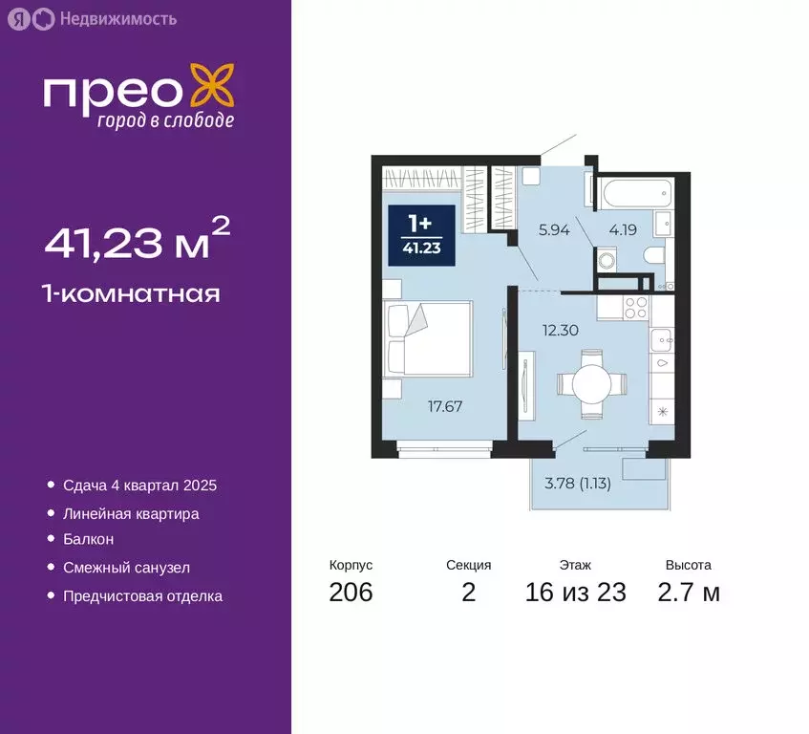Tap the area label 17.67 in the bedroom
(x=445, y=405)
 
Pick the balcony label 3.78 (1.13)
(x=577, y=482)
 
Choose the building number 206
(x=351, y=593)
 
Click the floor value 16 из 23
(x=575, y=593)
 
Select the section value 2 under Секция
(x=468, y=593)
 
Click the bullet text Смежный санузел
(x=126, y=568)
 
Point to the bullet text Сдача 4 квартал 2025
(x=139, y=486)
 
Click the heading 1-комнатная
(x=132, y=293)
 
